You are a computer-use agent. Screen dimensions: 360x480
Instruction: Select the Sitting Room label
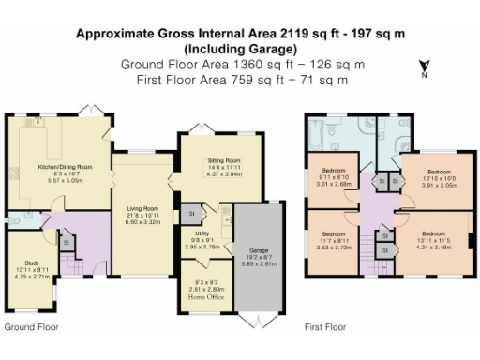(x=224, y=160)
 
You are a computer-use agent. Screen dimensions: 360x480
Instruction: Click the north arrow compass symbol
(x=424, y=67)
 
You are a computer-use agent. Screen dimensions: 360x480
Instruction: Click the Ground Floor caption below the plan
(x=31, y=328)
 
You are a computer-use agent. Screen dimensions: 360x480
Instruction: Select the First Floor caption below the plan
(x=325, y=328)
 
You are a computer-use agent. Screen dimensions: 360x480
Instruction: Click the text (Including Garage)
(x=240, y=48)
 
